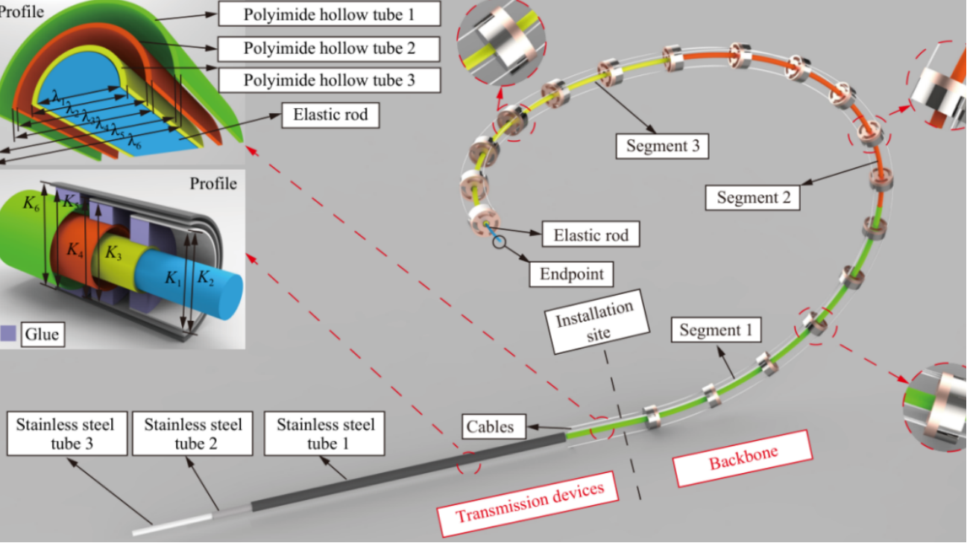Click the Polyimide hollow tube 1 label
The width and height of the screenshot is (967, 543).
(330, 14)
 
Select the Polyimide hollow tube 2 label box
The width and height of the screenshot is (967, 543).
(329, 48)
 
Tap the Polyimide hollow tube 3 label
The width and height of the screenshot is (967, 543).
(330, 80)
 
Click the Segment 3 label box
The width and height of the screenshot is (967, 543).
(662, 146)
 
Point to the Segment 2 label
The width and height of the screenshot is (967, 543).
(753, 197)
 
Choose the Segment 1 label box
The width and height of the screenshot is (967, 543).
(716, 330)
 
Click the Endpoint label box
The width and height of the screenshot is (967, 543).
(572, 274)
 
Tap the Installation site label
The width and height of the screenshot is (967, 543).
(597, 322)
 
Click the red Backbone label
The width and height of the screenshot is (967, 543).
(743, 459)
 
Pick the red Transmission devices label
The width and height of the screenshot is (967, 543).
(529, 503)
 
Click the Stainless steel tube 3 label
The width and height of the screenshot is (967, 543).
(67, 434)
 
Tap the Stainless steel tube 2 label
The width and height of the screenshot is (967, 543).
(192, 434)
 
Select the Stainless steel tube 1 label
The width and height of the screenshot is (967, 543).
(324, 434)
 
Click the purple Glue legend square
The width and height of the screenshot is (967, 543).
(8, 334)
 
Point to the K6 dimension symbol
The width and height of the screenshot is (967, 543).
(31, 203)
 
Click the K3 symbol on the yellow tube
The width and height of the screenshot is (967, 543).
(113, 253)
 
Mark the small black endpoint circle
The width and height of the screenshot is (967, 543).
(499, 242)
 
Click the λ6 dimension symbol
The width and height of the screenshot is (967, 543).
(134, 142)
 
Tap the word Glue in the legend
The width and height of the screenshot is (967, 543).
(42, 334)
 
